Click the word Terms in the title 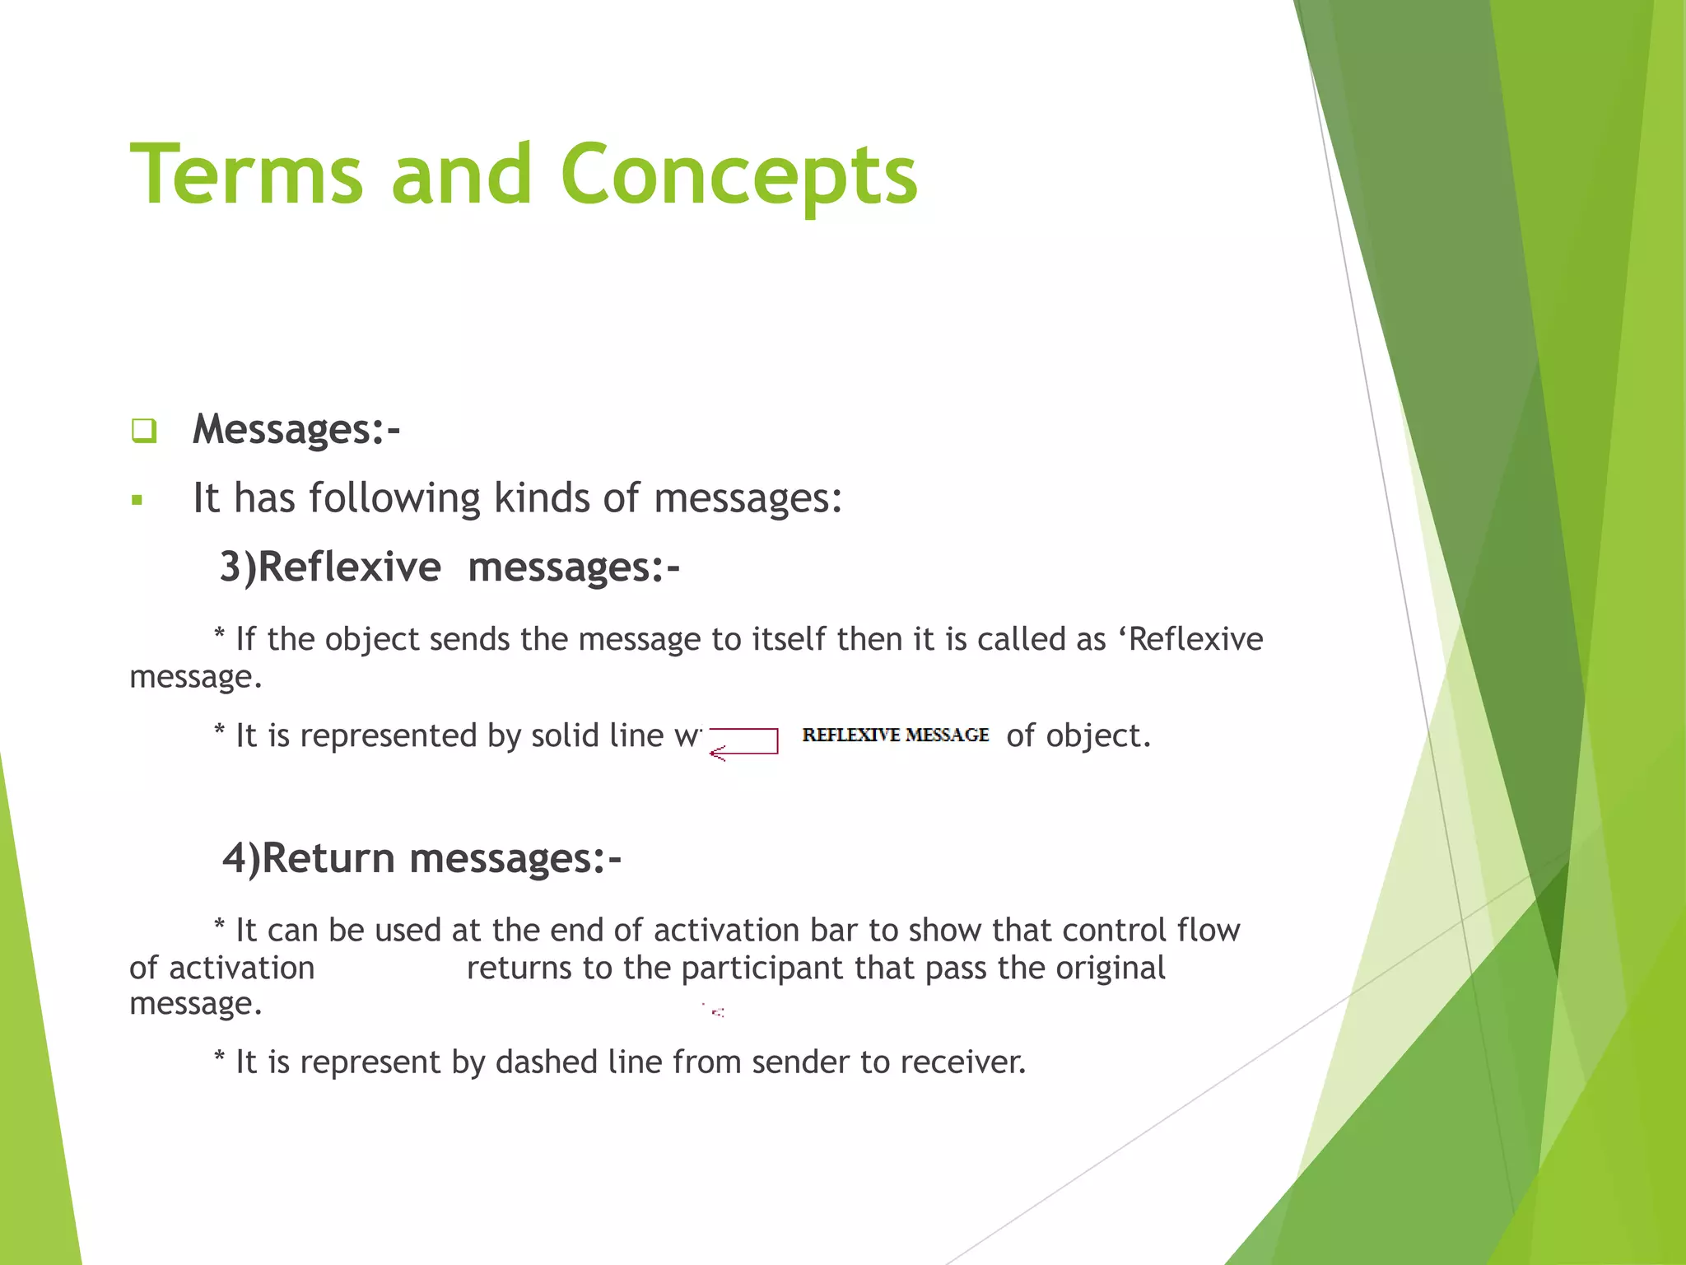pyautogui.click(x=246, y=174)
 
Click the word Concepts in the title pyautogui.click(x=738, y=174)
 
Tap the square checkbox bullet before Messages pyautogui.click(x=143, y=430)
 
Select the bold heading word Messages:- pyautogui.click(x=296, y=429)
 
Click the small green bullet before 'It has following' pyautogui.click(x=137, y=499)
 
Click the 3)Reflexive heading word pyautogui.click(x=330, y=567)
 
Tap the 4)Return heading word pyautogui.click(x=310, y=858)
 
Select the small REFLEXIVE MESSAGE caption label pyautogui.click(x=895, y=735)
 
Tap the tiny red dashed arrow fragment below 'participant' pyautogui.click(x=717, y=1011)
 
